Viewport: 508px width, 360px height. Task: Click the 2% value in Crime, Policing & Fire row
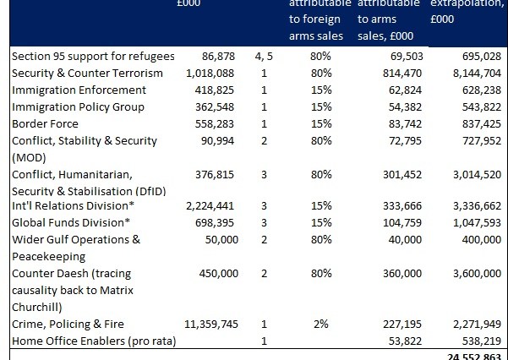tap(321, 324)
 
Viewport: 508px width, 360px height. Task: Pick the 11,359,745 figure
tap(215, 324)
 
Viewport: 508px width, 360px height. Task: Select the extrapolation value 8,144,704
tap(478, 74)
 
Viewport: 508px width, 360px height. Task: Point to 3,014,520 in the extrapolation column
tap(478, 174)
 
